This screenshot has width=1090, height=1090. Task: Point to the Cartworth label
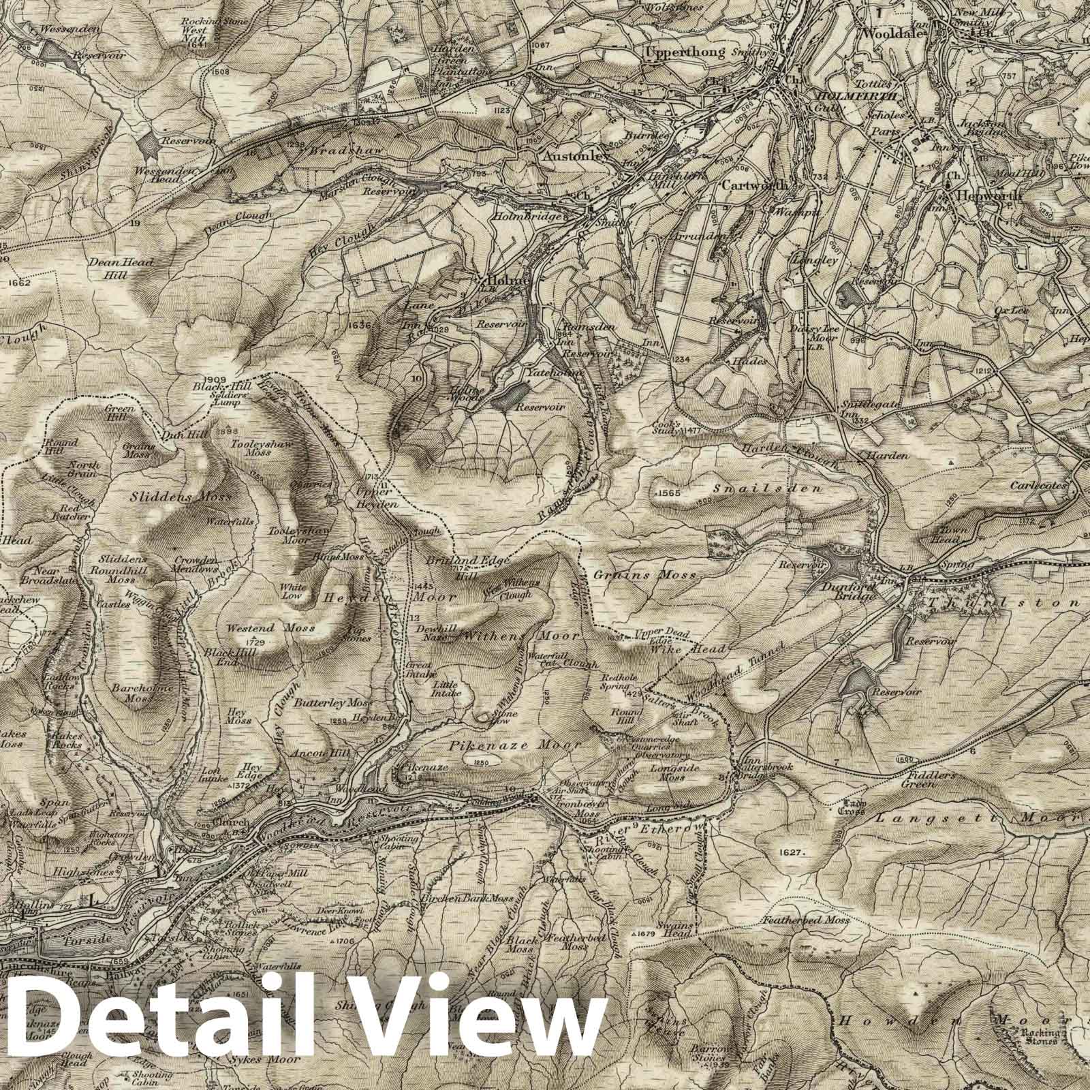[754, 185]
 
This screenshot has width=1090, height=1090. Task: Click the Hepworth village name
[981, 193]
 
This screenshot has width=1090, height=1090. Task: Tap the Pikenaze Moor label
[514, 746]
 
